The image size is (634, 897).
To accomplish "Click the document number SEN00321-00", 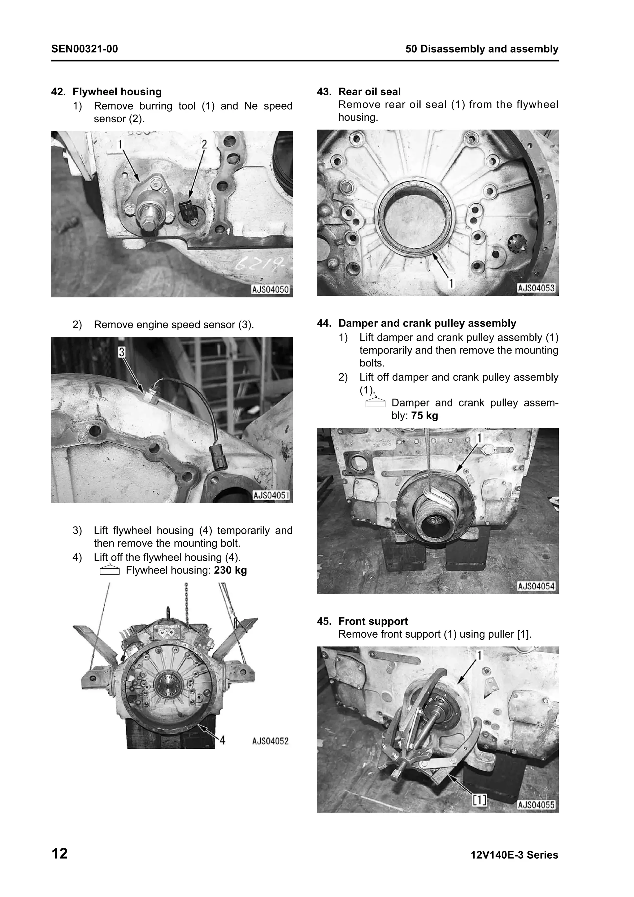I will [85, 49].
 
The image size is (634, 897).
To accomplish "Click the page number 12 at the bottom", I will [59, 854].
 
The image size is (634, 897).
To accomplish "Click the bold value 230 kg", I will [230, 570].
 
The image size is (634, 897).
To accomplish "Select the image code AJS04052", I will [270, 741].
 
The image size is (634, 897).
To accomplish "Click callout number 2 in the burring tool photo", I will [204, 145].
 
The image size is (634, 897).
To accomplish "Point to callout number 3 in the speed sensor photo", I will [121, 352].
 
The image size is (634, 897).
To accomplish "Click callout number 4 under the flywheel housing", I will [222, 740].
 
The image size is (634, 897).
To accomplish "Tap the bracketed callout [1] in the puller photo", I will [480, 800].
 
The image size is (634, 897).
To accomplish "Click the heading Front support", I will [373, 622].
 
